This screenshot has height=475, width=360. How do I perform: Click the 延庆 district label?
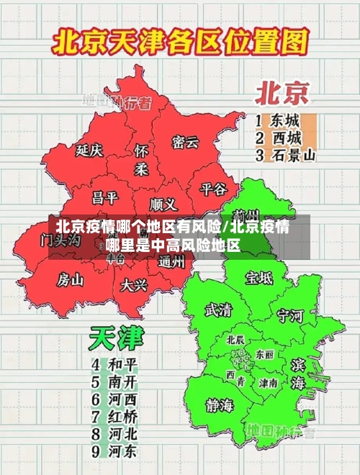coord(89,150)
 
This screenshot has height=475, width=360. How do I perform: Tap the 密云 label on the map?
coord(185,142)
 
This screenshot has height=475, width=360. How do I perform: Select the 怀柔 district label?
coord(141,160)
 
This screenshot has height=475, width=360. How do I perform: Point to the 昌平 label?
coord(105,196)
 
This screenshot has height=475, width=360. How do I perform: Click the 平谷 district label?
coord(213,189)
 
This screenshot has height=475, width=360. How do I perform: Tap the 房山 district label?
coord(71,279)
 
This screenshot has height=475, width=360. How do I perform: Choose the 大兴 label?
coord(134,284)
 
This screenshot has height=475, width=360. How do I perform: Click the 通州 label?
coord(171,262)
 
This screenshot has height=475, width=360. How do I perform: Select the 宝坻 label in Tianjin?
coord(259,277)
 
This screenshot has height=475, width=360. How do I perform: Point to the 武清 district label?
coord(219,309)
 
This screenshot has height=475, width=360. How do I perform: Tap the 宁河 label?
coord(291,315)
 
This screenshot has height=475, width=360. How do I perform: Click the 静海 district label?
coord(219,404)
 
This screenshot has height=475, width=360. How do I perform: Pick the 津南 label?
coord(268,383)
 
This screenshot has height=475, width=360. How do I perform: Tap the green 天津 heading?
coord(116,338)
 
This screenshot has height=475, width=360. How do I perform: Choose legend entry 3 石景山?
coord(286,155)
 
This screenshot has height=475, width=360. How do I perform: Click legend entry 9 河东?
coord(115,452)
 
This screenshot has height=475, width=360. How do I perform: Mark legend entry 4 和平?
coord(115,364)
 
